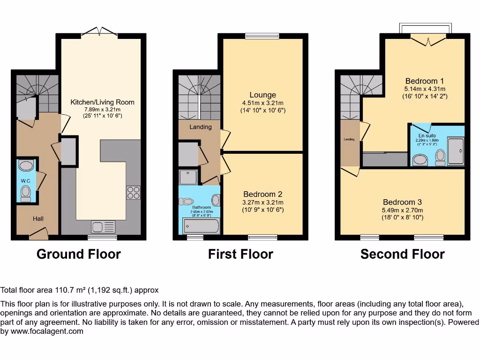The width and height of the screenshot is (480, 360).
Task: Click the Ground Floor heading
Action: pos(79,254)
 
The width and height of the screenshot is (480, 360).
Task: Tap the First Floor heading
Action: pos(240,254)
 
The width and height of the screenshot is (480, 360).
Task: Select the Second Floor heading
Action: pos(402,254)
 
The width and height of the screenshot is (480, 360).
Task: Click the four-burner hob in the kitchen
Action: pos(133,192)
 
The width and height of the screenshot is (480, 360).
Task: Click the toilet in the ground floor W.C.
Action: pos(25,193)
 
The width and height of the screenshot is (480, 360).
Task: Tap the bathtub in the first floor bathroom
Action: pos(201,227)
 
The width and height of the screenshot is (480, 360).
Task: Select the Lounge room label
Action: pos(262,95)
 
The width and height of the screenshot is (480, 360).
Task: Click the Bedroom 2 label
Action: pos(262,194)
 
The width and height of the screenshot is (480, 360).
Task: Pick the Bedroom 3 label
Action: pos(402,202)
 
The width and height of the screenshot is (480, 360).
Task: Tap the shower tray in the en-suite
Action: pos(456,151)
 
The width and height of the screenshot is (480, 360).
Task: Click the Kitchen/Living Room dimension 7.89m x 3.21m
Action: pos(102,109)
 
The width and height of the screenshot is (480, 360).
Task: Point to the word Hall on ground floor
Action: pos(38,218)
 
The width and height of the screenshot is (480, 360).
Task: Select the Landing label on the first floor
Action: pos(200,127)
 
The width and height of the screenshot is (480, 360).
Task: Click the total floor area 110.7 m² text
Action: pos(80,290)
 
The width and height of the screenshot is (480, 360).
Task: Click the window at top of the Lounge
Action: pos(262,35)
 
